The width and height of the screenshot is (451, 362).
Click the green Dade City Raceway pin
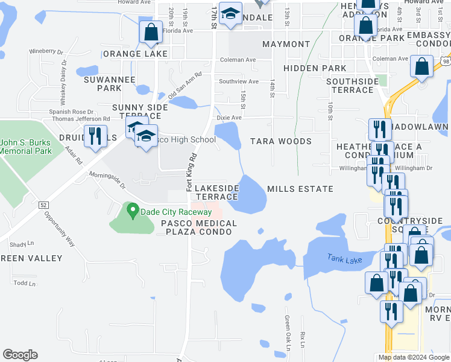[133, 212]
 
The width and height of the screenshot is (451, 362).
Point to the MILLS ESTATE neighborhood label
[300, 189]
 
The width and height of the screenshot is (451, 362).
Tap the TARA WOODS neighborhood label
[280, 141]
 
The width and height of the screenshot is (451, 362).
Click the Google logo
[20, 355]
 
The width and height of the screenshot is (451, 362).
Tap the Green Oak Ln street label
[288, 332]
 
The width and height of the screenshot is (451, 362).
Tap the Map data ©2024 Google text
[413, 357]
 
